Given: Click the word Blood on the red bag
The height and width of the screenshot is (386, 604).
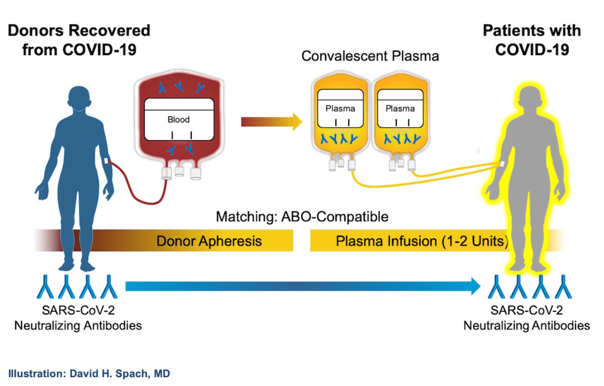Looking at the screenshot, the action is coord(178,119).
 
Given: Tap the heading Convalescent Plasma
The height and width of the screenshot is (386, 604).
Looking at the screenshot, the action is coord(370,56).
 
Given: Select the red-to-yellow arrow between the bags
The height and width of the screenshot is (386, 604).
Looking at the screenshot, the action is coord(271,122).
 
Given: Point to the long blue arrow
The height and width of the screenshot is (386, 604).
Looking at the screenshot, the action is coord(303,286).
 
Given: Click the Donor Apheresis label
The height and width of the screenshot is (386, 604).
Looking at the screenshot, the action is coord(209,241).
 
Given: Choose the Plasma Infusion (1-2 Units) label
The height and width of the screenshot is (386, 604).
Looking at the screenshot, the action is coord(422,241).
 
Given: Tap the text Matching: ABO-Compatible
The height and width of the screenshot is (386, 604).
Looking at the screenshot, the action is coord(302,216).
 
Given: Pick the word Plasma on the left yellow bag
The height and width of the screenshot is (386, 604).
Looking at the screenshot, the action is coord(340,108).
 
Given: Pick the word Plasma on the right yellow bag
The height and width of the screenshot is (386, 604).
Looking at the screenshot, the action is coord(400,108).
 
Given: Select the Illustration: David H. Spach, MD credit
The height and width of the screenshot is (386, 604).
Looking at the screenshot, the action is coord(89,374).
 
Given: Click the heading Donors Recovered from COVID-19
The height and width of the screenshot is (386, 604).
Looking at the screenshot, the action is coord(79,40).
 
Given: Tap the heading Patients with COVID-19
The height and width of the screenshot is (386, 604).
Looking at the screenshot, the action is coord(532,40).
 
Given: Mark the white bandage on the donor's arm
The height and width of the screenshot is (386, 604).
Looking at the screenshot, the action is coord(106,161).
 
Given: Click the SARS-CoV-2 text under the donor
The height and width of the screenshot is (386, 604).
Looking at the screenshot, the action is coord(78,310).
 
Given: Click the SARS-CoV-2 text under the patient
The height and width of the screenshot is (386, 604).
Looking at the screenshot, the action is coord(527,310).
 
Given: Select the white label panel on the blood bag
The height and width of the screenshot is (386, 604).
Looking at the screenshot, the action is coord(179,119).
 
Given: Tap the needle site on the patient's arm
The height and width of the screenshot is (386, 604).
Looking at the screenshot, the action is coord(502,164).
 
